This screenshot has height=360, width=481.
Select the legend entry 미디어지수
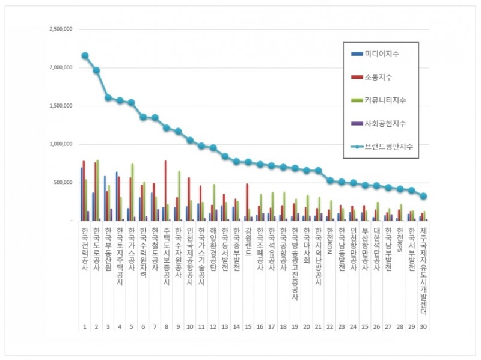tap(382, 55)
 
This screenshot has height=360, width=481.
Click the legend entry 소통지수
tap(378, 78)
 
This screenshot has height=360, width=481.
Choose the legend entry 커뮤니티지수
tap(385, 100)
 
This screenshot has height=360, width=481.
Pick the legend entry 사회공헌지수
tap(385, 123)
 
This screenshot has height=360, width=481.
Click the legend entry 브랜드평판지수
tap(388, 146)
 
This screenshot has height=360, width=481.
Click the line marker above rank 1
tap(85, 55)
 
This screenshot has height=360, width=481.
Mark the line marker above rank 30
tap(423, 196)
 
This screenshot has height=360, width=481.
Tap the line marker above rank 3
tap(108, 97)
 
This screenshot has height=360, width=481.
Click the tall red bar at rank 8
tap(165, 191)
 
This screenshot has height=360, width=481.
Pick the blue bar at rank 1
tap(82, 194)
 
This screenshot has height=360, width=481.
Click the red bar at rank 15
tap(247, 202)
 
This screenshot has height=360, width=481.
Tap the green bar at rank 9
tap(179, 195)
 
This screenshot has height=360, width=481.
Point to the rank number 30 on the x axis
tap(423, 326)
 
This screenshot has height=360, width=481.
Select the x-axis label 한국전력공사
tap(85, 248)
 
